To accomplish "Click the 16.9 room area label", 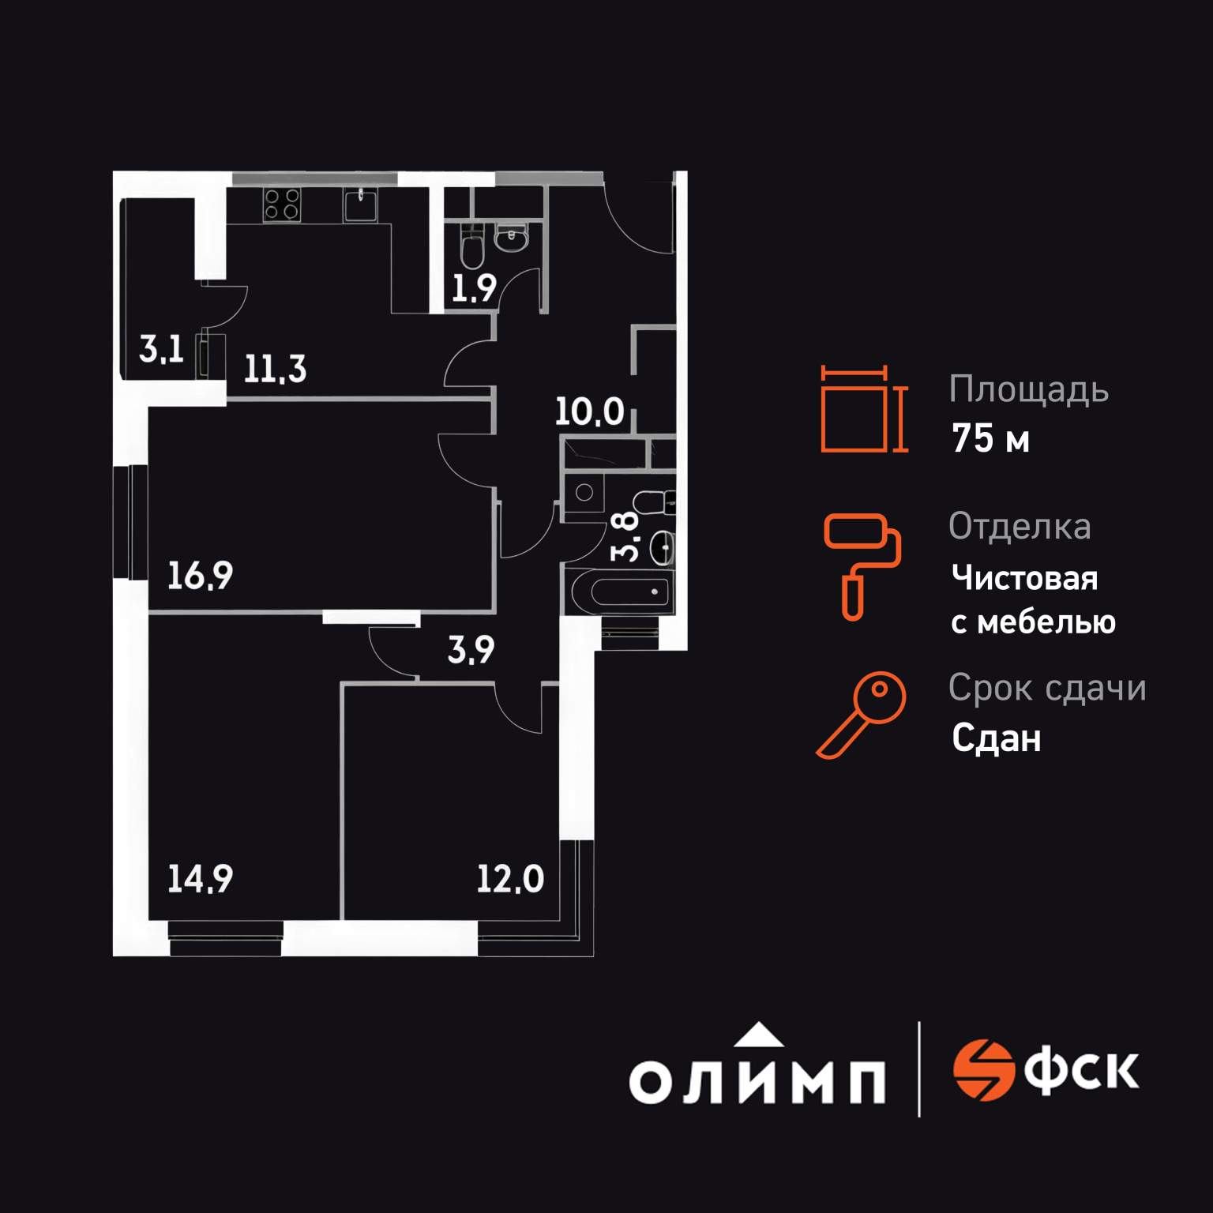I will coord(200,576).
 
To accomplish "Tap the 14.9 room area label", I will coord(200,879).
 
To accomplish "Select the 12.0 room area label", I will coord(510,879).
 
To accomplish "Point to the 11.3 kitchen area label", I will coord(274,369).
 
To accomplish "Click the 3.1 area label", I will coord(161,348).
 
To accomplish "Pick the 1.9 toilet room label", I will coord(474,289).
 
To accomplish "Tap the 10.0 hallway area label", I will coord(589,411).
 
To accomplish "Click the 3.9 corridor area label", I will coord(471,650).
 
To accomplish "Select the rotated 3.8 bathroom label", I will coord(626,536).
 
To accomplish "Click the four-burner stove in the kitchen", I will coord(281,204).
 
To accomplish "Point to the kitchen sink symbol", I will coord(361,205).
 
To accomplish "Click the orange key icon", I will coord(862,714).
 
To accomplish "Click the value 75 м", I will coord(990,439).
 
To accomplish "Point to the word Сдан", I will coord(996,739).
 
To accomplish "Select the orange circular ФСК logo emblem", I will coord(982,1071).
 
